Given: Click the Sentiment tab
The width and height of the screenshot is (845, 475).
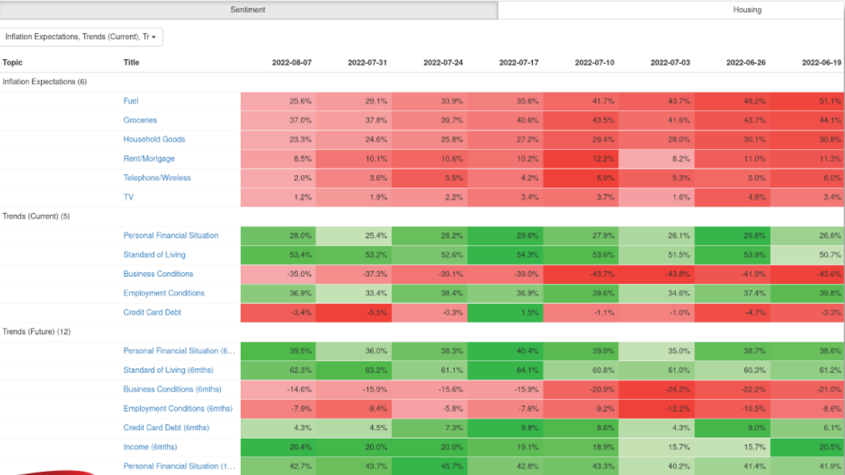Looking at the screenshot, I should (248, 10).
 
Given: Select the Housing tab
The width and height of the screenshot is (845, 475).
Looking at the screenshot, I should (747, 10).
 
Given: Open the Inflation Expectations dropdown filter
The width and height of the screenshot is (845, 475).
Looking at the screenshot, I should (81, 37).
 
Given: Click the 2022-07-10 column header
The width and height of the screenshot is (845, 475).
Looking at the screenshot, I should (594, 62).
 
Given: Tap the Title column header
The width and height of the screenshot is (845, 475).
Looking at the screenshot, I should (131, 62).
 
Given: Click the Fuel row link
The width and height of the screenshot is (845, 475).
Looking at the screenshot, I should (131, 101).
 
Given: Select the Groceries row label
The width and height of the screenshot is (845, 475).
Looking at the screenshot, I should (140, 120).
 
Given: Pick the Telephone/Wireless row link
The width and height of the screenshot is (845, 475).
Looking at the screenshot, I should (157, 178).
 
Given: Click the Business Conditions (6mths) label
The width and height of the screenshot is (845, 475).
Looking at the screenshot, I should (172, 389).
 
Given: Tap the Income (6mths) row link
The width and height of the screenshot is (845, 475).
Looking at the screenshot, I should (150, 447).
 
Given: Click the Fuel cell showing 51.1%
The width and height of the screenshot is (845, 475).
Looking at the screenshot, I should (807, 101).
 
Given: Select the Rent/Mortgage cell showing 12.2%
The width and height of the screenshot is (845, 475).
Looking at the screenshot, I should (581, 159).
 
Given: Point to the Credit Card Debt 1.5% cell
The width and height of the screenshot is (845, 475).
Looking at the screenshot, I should (505, 313).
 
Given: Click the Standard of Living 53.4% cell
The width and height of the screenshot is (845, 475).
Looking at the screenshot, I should (278, 255).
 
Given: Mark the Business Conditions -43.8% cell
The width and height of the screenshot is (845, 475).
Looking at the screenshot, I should (657, 274).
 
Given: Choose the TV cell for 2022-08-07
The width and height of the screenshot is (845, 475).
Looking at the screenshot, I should (278, 197).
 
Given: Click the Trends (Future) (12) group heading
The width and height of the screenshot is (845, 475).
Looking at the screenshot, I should (37, 332).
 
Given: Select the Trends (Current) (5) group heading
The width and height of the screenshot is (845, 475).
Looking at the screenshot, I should (36, 216).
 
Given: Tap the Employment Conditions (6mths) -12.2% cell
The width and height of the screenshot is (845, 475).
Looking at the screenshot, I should (657, 409).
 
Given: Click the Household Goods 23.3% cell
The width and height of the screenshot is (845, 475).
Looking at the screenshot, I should (278, 139).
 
